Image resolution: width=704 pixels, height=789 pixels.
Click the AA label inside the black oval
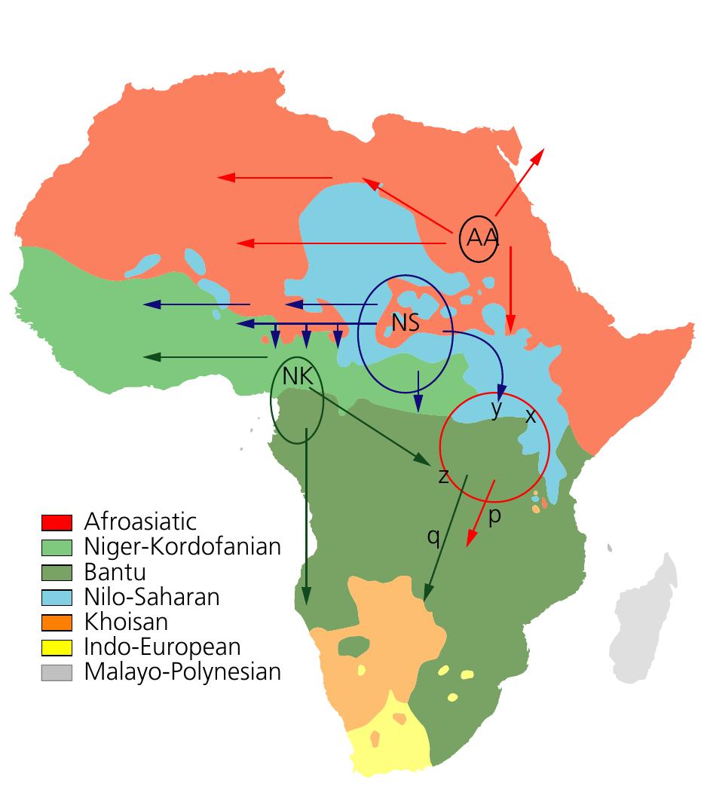482,238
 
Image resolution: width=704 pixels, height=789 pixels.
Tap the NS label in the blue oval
406,323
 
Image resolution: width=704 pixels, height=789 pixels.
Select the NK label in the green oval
297,377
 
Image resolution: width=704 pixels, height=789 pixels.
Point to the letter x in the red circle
530,415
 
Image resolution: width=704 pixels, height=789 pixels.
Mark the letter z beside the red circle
443,476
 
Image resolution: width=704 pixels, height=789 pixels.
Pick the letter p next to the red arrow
494,517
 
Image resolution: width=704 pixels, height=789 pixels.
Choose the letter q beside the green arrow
433,536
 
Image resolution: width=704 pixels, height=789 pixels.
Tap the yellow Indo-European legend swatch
57,647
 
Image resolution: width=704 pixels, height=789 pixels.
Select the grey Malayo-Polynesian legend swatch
57,672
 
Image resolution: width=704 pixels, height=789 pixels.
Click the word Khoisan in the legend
126,622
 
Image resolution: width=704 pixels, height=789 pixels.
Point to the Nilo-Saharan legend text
152,597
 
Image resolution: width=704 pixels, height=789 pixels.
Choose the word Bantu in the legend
115,572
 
